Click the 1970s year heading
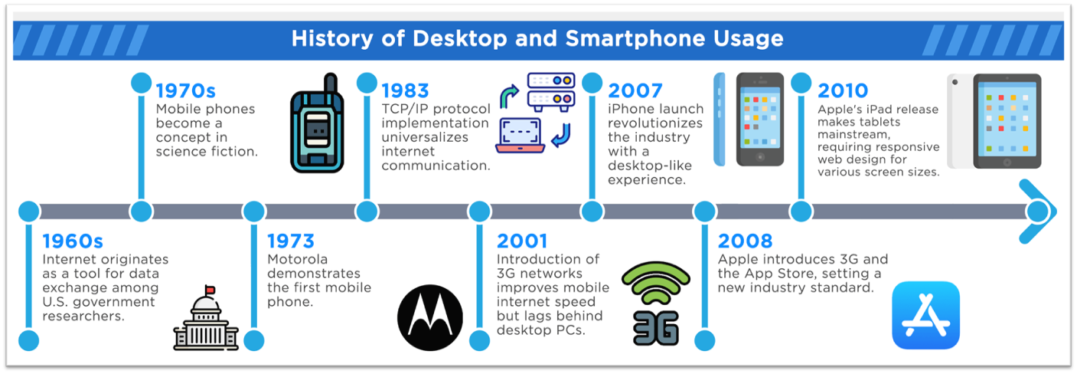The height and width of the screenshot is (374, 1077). click(x=185, y=90)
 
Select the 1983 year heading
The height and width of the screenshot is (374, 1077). click(x=405, y=90)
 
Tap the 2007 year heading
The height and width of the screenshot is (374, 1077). click(x=635, y=90)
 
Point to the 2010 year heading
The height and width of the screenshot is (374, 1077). click(x=843, y=90)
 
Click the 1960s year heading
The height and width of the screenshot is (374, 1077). click(x=73, y=241)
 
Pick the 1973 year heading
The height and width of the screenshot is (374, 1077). click(x=291, y=241)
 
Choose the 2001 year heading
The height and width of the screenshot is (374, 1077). click(x=522, y=241)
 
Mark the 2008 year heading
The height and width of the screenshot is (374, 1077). click(x=746, y=241)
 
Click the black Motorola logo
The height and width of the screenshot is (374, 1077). click(x=430, y=317)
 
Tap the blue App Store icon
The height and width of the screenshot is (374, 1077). click(x=925, y=315)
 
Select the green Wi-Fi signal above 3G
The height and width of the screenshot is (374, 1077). click(x=656, y=283)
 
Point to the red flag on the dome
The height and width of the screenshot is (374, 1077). click(x=210, y=290)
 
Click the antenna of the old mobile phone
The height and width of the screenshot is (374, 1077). click(x=330, y=84)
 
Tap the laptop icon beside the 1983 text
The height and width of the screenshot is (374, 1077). click(x=521, y=135)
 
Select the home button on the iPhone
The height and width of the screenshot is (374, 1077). click(x=760, y=157)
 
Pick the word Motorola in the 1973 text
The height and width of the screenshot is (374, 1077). click(x=298, y=260)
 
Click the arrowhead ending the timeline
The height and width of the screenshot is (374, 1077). click(x=1039, y=212)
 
